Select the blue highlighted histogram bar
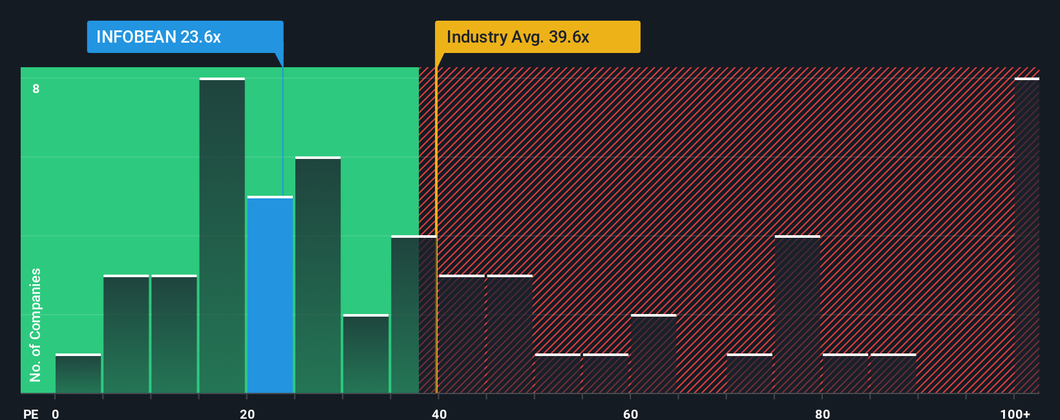tap(270, 295)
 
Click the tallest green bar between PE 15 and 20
tap(222, 236)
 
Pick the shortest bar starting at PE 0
tap(78, 373)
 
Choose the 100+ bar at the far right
tap(1026, 236)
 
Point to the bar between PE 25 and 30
tap(318, 275)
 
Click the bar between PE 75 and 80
tap(798, 315)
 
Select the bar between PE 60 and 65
tap(653, 354)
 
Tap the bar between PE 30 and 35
tap(366, 354)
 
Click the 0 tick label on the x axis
tap(56, 414)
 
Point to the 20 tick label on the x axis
tap(247, 414)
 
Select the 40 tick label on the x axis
tap(439, 414)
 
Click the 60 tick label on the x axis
tap(630, 414)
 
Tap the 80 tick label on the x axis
tap(822, 414)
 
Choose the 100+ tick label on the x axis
tap(1015, 414)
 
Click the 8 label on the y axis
tap(36, 89)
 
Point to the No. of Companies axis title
tap(36, 324)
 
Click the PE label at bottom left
tap(30, 414)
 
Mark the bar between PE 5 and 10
tap(126, 334)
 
